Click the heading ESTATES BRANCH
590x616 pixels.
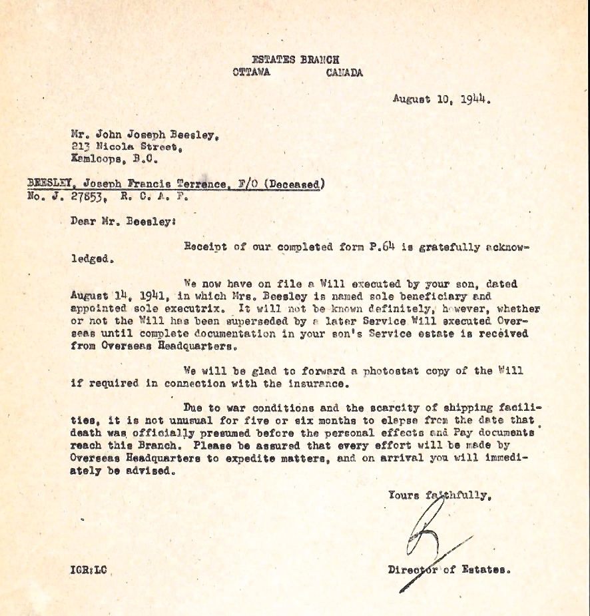(295, 60)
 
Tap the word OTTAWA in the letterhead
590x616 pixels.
(251, 73)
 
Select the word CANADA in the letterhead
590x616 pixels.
(344, 73)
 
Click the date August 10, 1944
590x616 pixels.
(442, 101)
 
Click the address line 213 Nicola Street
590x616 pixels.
(125, 147)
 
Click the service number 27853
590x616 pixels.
(84, 197)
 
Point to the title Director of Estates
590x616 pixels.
(449, 570)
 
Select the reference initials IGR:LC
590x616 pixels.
(88, 570)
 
